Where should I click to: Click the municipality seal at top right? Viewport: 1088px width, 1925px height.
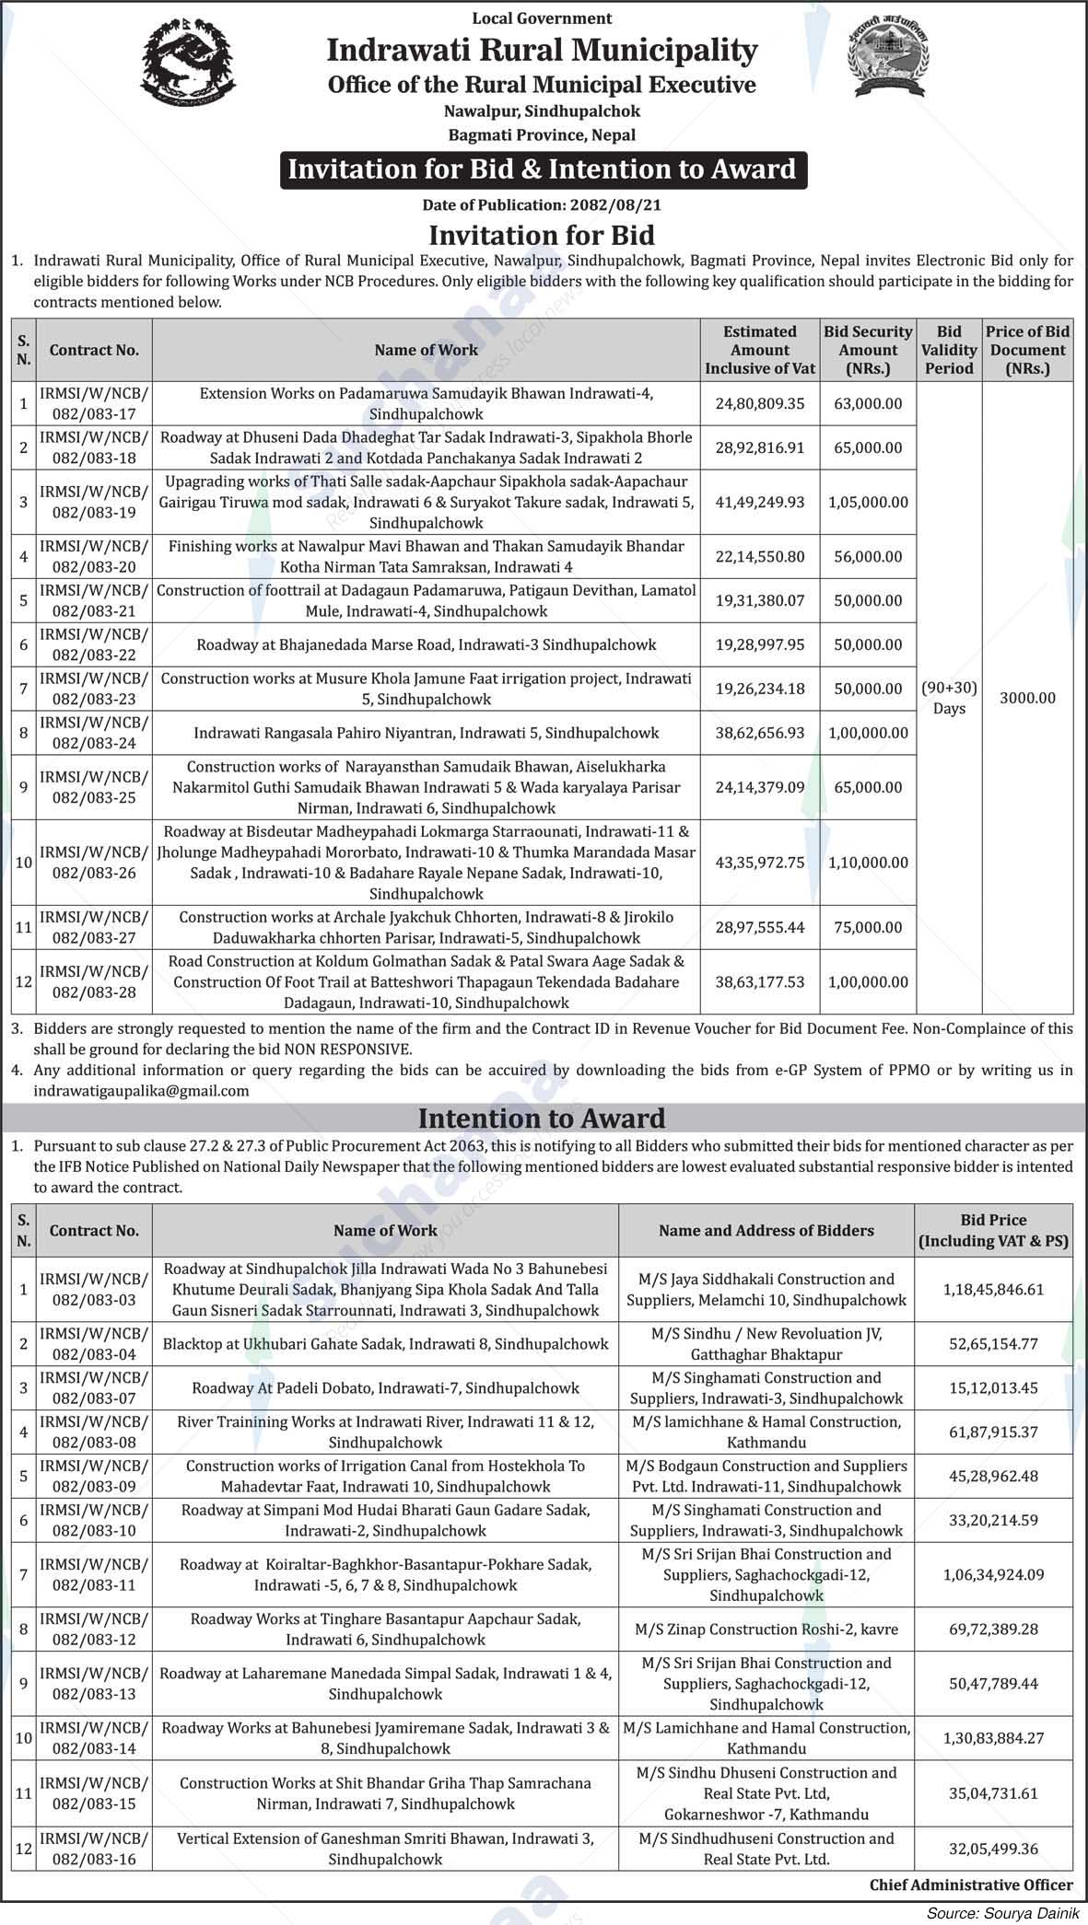tap(887, 57)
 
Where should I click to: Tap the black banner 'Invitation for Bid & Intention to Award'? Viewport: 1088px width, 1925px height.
tap(542, 169)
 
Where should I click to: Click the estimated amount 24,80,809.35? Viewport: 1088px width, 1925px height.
tap(760, 403)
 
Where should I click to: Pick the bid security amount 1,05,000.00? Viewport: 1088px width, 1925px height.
tap(868, 502)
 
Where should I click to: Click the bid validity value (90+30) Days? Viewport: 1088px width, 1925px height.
tap(949, 698)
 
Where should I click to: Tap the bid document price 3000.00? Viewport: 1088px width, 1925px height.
tap(1027, 698)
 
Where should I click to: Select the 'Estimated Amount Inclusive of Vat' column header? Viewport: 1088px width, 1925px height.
tap(760, 350)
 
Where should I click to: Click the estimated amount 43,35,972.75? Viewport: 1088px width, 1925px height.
tap(760, 863)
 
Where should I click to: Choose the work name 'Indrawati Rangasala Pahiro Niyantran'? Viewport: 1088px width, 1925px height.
tap(426, 733)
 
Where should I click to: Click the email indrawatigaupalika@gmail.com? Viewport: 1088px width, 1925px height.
tap(141, 1090)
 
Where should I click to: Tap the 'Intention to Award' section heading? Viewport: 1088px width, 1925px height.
tap(542, 1119)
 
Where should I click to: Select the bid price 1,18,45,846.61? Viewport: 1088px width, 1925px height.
tap(993, 1290)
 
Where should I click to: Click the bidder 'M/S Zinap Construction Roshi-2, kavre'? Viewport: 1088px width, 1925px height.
tap(766, 1629)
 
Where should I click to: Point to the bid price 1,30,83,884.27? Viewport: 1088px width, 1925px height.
tap(993, 1738)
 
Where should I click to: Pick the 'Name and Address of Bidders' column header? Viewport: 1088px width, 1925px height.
tap(766, 1230)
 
